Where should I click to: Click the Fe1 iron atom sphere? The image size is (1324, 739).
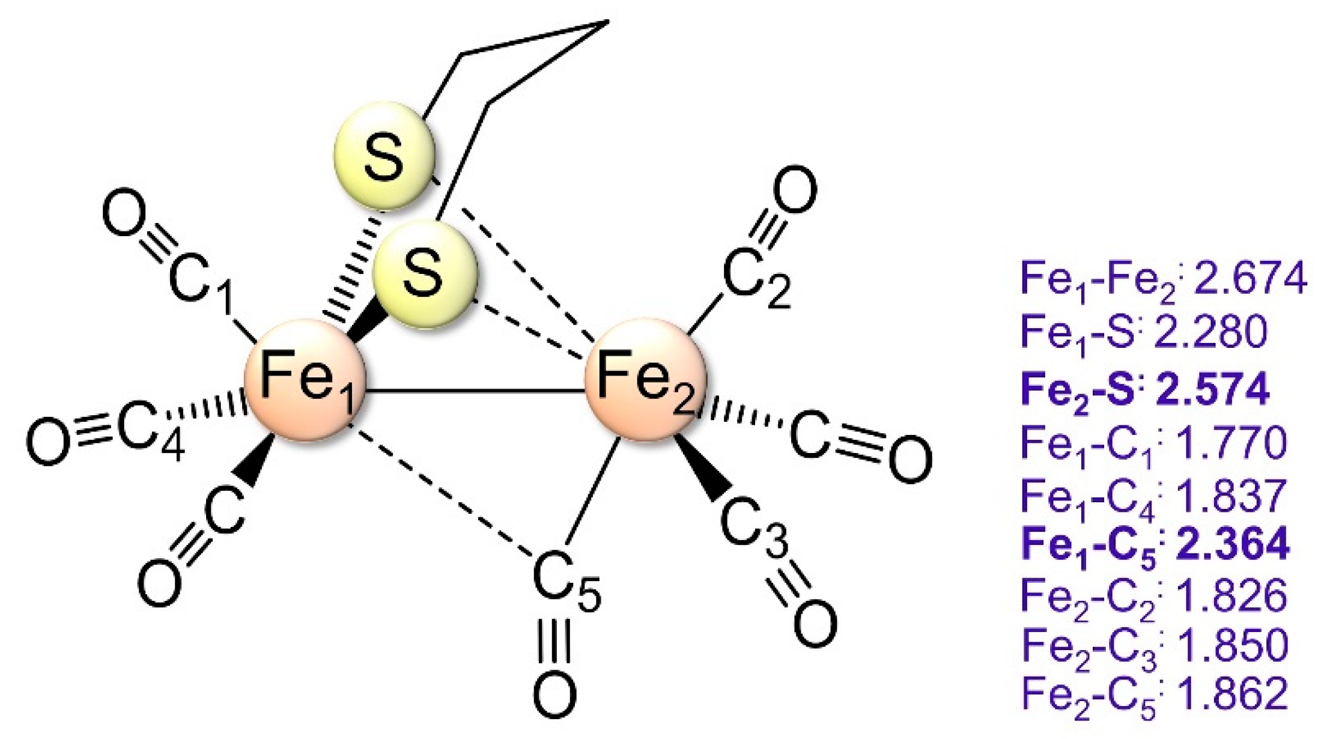click(x=305, y=380)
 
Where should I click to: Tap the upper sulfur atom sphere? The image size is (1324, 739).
click(x=384, y=156)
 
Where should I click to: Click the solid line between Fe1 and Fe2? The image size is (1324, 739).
click(x=475, y=392)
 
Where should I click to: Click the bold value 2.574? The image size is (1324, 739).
click(x=1213, y=389)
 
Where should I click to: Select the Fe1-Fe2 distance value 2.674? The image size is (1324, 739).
click(x=1250, y=278)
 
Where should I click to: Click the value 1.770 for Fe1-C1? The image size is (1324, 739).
click(x=1231, y=443)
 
